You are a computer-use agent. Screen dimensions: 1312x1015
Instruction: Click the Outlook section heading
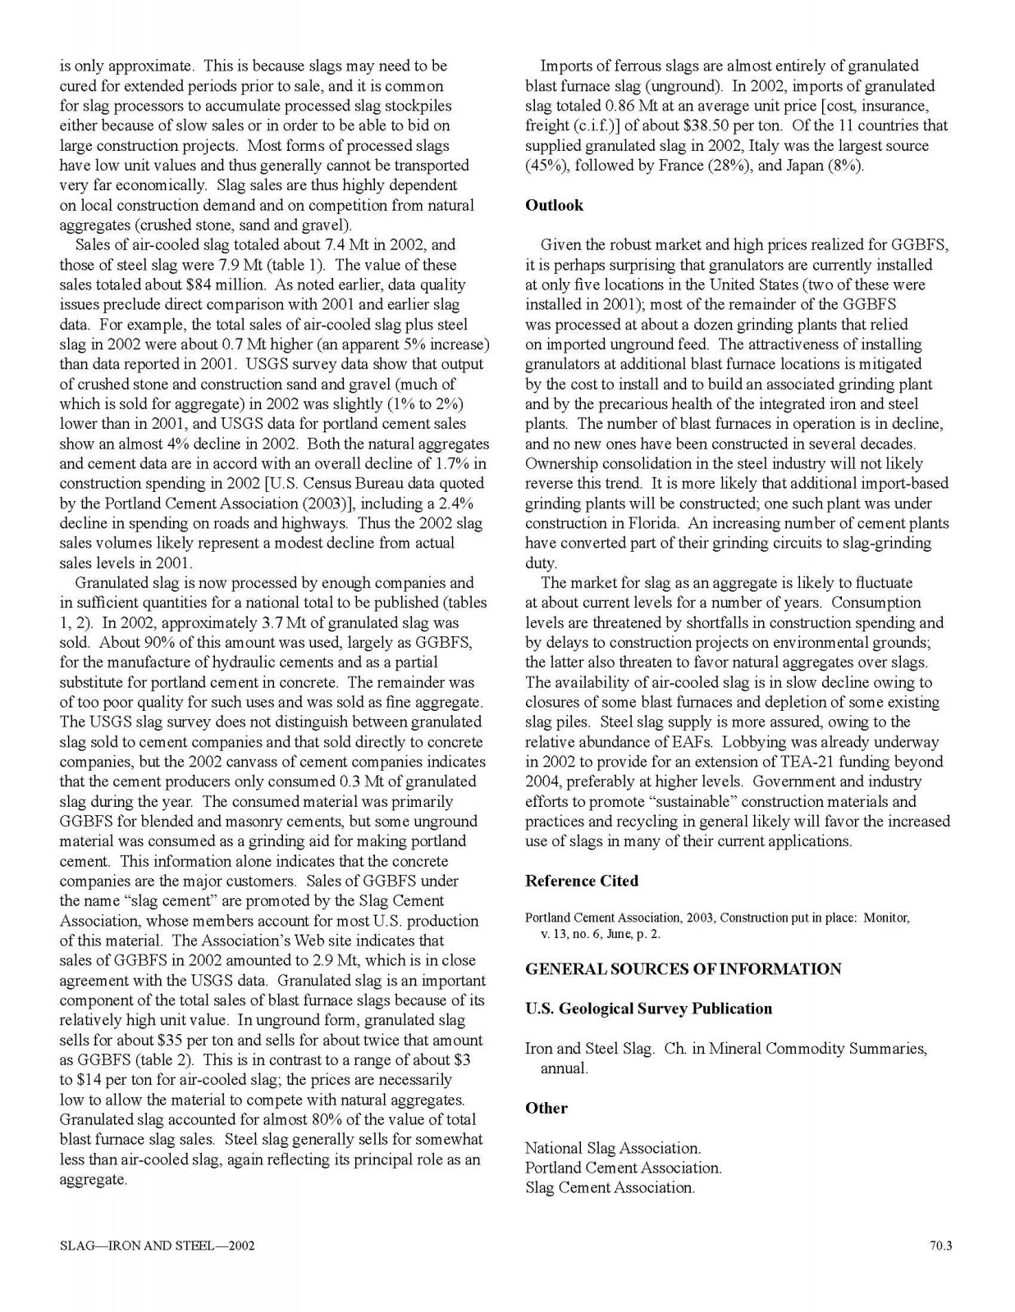coord(554,206)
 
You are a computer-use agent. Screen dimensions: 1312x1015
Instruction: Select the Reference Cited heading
coord(581,881)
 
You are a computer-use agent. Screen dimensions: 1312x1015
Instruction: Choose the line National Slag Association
coord(613,1148)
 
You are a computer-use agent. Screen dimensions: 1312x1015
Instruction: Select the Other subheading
coord(546,1109)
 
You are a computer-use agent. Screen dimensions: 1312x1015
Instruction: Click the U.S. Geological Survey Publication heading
coord(648,1009)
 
